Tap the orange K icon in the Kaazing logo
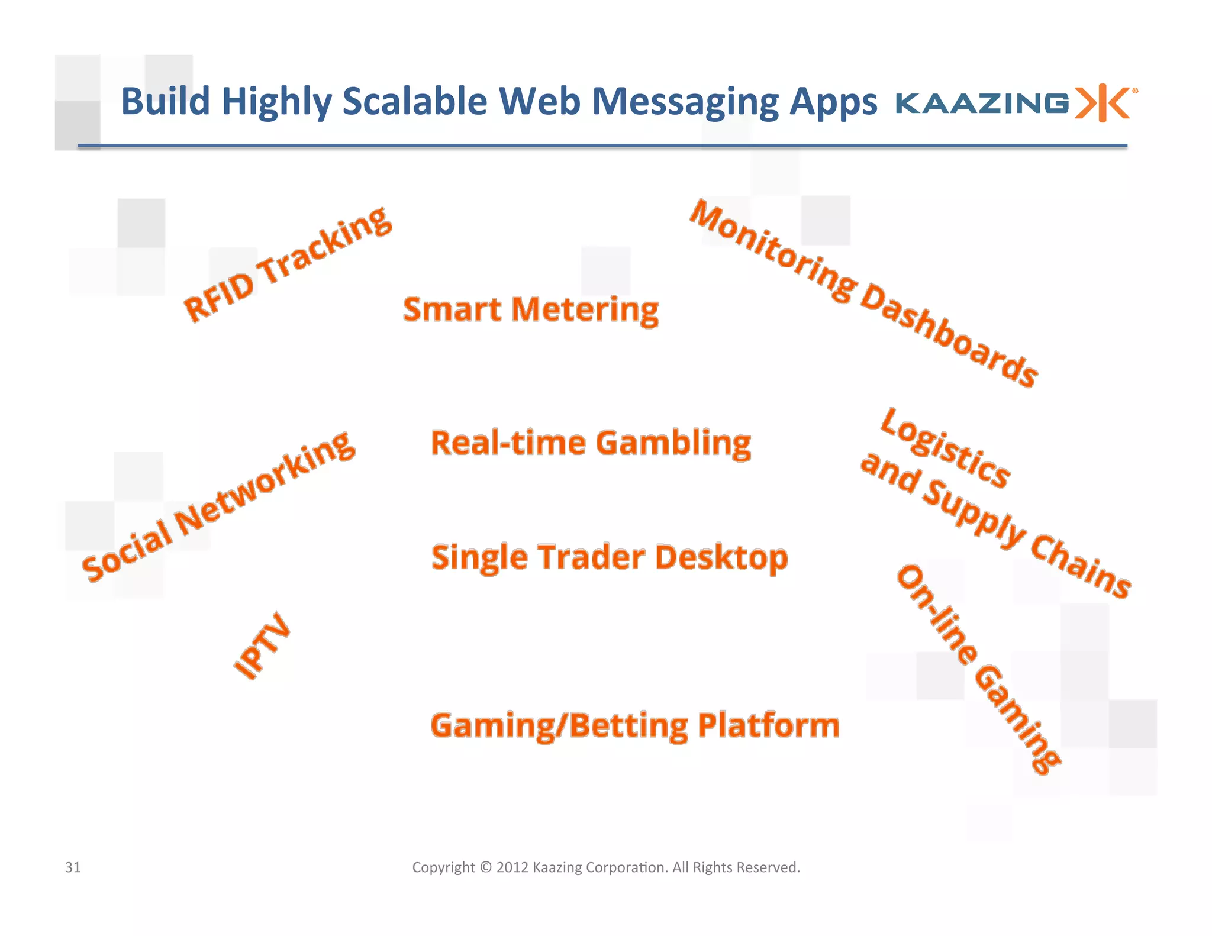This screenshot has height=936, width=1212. click(1104, 103)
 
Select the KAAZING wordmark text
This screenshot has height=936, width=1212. click(982, 104)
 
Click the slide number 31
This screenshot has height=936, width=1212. click(73, 867)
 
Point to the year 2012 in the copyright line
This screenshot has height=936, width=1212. click(512, 867)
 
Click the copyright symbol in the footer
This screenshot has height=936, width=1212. click(486, 867)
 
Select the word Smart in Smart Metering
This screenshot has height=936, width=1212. click(453, 309)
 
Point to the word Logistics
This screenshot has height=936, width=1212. click(945, 447)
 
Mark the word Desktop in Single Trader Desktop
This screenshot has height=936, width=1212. click(721, 558)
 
